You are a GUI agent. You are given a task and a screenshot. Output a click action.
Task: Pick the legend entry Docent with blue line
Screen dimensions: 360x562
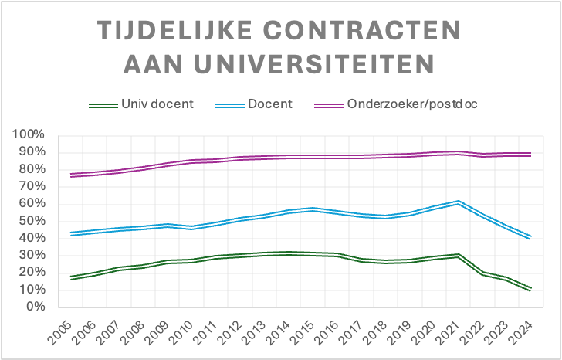click(270, 104)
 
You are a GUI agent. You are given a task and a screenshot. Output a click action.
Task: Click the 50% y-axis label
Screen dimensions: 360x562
click(33, 221)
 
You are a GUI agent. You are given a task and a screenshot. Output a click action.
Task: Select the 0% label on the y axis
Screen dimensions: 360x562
click(37, 307)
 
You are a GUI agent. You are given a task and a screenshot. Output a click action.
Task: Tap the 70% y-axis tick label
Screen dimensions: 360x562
click(33, 186)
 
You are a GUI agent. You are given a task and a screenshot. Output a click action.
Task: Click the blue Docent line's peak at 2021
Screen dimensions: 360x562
click(459, 202)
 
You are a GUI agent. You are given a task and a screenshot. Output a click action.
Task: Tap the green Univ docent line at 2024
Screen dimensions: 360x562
click(529, 288)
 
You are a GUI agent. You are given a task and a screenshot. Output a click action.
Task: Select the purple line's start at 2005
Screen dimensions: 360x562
click(72, 175)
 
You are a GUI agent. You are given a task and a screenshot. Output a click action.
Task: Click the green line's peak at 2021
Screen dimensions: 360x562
click(459, 255)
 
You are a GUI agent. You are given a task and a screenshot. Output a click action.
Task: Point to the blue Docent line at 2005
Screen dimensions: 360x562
click(72, 233)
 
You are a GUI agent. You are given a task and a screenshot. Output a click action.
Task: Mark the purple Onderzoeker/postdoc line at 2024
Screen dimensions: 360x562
click(529, 155)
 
